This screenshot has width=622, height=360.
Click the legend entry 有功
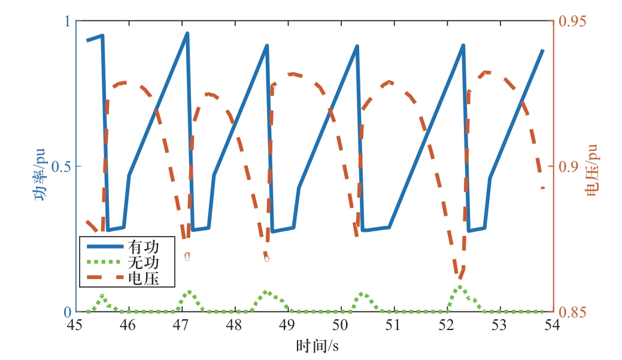142,246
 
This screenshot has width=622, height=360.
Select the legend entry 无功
142,262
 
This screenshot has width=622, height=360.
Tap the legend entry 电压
142,279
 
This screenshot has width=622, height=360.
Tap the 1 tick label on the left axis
67,21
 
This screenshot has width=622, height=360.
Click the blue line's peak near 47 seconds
187,34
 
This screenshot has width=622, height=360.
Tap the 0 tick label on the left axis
67,312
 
